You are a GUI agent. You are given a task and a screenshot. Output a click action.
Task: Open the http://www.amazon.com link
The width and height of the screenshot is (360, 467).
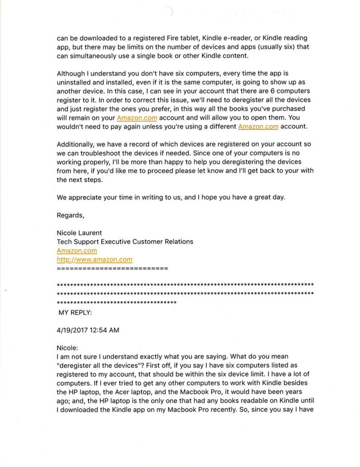(x=94, y=259)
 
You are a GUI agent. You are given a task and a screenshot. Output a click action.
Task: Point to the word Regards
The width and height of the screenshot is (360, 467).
(x=70, y=215)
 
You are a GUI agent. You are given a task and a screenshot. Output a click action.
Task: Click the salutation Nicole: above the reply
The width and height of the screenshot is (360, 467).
(x=68, y=348)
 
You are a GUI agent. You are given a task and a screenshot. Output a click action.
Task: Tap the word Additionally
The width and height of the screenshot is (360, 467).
(x=75, y=144)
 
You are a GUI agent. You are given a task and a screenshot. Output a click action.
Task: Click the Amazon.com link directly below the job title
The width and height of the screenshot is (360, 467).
(x=77, y=251)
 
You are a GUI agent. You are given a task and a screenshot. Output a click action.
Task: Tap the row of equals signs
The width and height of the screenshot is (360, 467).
(x=112, y=268)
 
